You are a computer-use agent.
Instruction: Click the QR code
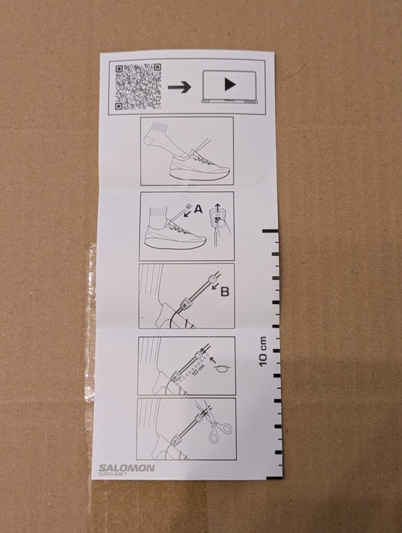point(138,87)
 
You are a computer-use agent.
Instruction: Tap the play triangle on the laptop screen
point(230,85)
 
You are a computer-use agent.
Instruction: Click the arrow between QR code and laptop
point(179,87)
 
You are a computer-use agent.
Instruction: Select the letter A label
point(198,209)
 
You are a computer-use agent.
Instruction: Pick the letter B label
point(225,291)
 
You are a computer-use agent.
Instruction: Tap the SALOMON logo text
point(127,468)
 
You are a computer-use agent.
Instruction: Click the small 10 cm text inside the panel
point(198,370)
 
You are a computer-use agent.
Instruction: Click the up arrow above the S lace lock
point(217,207)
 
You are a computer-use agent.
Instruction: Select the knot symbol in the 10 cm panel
point(222,369)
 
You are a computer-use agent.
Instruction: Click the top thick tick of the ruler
point(270,231)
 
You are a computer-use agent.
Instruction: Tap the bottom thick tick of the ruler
point(274,478)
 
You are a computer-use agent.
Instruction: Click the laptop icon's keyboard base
point(230,101)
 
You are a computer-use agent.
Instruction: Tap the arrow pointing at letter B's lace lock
point(215,287)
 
